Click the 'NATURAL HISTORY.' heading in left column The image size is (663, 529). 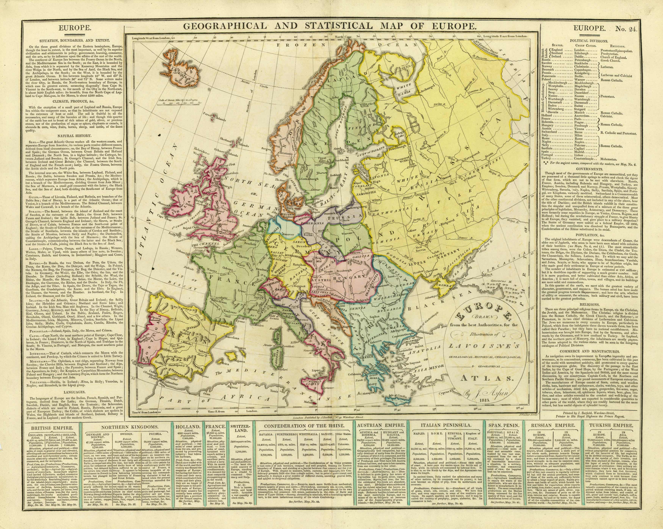(x=73, y=136)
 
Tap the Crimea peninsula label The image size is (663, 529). (x=430, y=285)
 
